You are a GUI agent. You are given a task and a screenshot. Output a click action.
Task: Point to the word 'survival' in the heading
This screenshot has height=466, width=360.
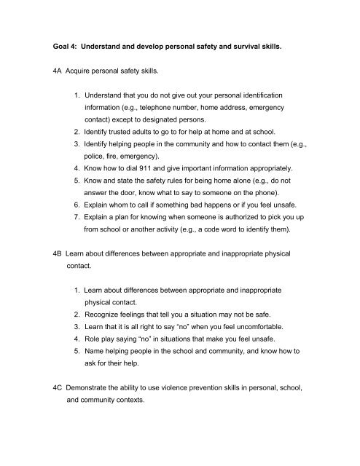[x=286, y=49]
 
